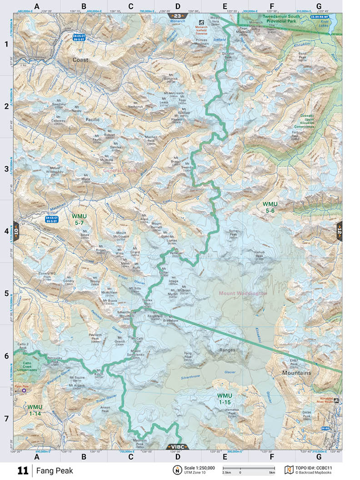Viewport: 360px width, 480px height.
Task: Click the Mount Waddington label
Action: point(243,293)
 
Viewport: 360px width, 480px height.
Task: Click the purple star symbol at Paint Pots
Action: point(24,390)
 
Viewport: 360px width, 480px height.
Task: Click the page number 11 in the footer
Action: point(23,470)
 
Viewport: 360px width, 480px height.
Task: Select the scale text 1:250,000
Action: point(200,468)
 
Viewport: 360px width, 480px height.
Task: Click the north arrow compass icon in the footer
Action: point(176,470)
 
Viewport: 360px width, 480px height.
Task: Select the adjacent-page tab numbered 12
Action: point(339,230)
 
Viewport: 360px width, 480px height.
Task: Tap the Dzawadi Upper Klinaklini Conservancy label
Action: point(314,119)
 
